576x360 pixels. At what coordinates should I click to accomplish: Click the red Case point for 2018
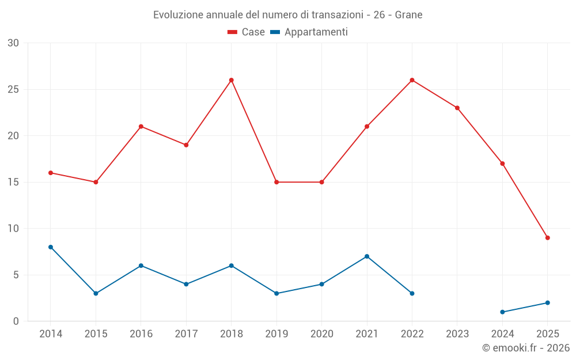point(232,80)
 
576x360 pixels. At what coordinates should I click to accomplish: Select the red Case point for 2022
point(412,80)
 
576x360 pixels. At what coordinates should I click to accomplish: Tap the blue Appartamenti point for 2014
point(51,247)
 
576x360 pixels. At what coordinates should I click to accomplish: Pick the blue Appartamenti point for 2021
point(367,256)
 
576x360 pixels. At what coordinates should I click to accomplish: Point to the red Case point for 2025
point(547,238)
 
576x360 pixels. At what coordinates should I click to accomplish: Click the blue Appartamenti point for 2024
point(502,312)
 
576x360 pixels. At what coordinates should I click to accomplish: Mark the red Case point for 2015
point(96,182)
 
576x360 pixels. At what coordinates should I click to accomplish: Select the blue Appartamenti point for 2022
point(412,293)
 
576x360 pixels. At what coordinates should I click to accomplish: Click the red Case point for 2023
point(457,108)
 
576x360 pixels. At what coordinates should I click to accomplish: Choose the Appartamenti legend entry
point(309,32)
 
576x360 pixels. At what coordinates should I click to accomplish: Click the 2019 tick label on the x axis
point(276,334)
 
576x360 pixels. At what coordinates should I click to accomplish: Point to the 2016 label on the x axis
point(141,334)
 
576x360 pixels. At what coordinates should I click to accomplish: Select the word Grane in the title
point(408,15)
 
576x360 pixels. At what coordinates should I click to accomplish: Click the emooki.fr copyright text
point(526,348)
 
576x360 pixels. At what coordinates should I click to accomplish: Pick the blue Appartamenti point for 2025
point(547,303)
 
